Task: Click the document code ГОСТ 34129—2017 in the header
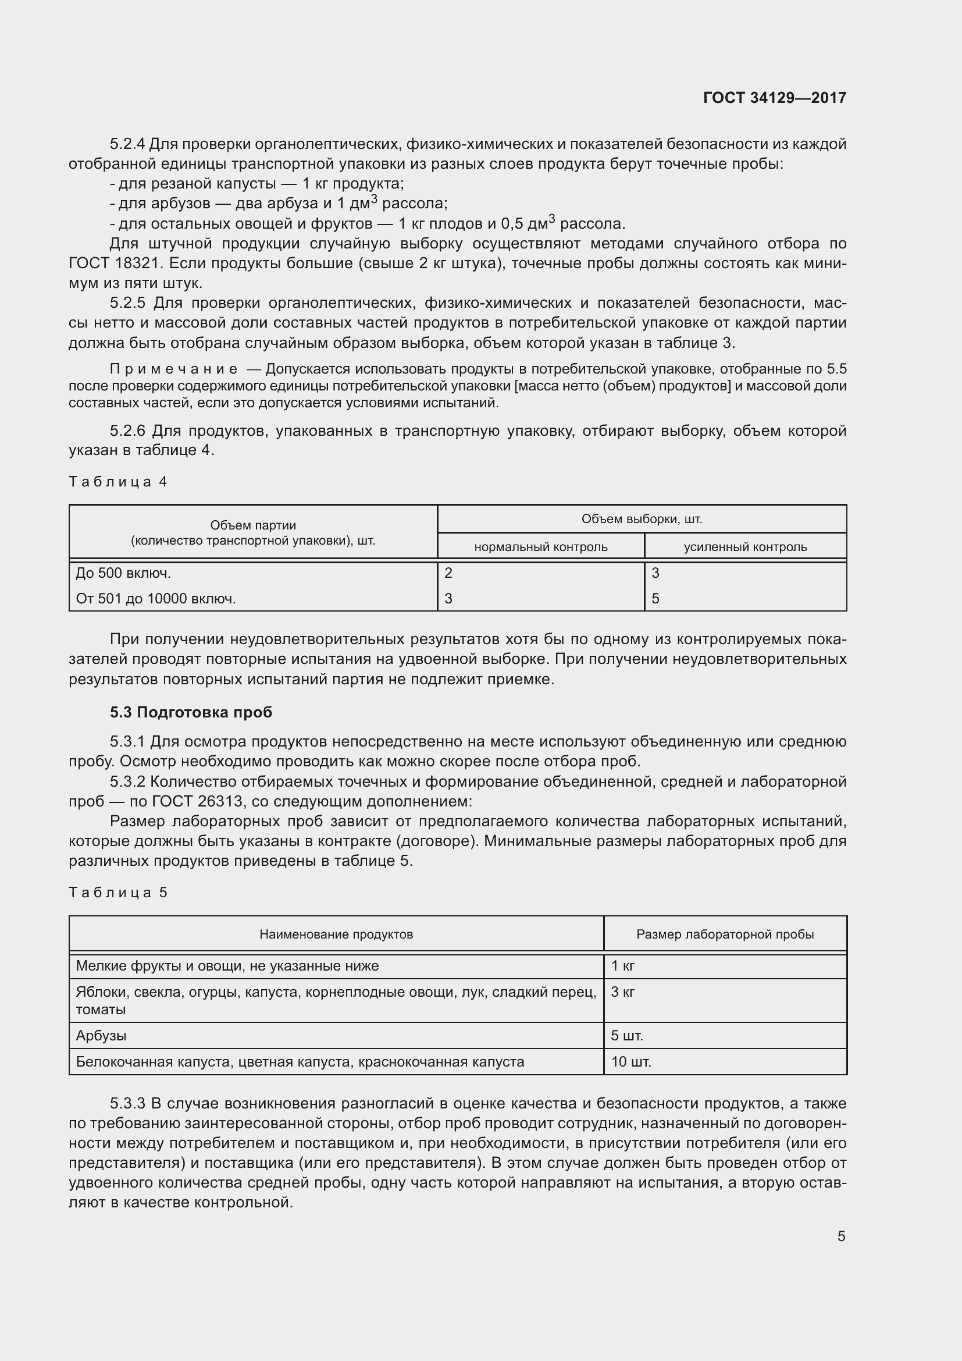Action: (x=774, y=98)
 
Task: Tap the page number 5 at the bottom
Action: (x=841, y=1236)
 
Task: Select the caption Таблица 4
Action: (x=118, y=482)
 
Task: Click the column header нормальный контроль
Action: (x=540, y=547)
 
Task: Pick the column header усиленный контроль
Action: (x=745, y=547)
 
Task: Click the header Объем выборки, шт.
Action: (x=642, y=519)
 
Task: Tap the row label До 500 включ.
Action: (x=123, y=573)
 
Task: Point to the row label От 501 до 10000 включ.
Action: (x=156, y=599)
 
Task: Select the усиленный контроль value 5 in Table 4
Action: (x=655, y=599)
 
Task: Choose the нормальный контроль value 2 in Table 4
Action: (x=448, y=573)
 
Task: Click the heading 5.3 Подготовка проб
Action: (x=191, y=712)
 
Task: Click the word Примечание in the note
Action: (x=173, y=369)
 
